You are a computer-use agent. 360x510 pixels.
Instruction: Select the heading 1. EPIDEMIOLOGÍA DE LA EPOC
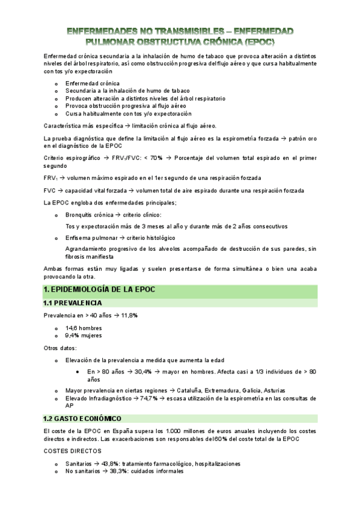coord(99,290)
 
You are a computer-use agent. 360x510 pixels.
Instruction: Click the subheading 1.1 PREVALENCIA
coord(72,303)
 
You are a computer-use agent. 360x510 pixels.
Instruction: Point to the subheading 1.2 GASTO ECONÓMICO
coord(82,418)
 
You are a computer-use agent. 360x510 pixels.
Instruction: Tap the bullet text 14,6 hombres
coord(84,328)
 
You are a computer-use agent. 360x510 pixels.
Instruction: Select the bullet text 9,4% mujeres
coord(84,336)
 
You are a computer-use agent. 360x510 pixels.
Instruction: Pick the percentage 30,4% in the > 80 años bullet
coord(144,372)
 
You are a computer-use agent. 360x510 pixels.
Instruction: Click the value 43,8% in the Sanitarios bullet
coord(111,464)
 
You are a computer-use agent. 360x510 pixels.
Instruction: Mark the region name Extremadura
coord(224,390)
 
